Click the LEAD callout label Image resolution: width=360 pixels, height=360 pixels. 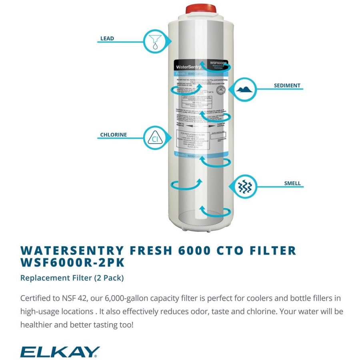107,39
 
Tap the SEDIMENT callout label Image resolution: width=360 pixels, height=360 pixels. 287,86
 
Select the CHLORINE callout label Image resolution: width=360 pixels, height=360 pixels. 113,135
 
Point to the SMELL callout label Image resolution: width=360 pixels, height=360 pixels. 292,184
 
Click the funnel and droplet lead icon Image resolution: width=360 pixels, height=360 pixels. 155,41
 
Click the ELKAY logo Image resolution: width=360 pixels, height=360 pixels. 60,352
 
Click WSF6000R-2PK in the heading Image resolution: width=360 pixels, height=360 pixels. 72,263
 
